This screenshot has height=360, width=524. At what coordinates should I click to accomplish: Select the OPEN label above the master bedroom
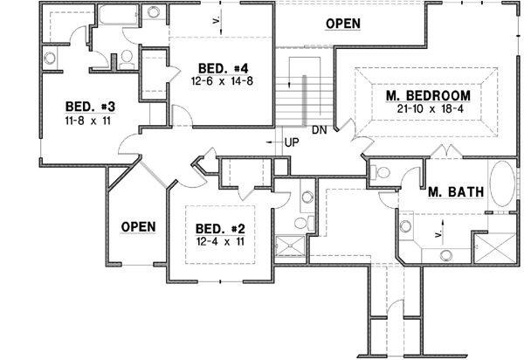[x=342, y=23]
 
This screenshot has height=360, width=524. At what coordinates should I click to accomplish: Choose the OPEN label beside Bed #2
[x=138, y=227]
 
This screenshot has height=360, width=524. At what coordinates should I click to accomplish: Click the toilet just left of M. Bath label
[x=381, y=172]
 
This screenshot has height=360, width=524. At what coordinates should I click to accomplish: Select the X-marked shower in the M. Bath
[x=487, y=246]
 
